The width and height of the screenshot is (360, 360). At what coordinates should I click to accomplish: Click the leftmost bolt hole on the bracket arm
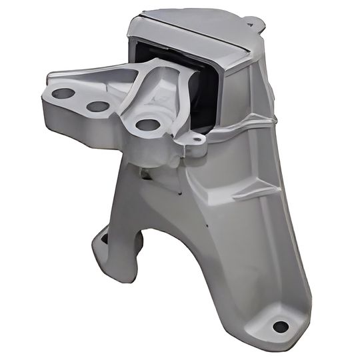click(x=64, y=94)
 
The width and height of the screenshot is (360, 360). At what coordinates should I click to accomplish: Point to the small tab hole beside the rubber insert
click(x=195, y=140)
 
